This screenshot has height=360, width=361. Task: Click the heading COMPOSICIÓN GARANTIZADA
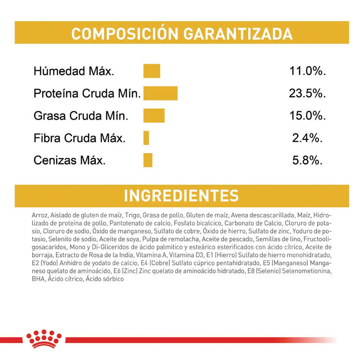coord(182,33)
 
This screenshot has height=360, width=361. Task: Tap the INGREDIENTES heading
coord(181,196)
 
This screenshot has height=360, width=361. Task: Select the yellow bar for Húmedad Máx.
coord(152,71)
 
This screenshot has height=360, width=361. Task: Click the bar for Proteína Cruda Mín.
coord(160,93)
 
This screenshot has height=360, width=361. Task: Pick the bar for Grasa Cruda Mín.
coord(154,116)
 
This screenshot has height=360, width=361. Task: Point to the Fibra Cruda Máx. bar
coord(147,138)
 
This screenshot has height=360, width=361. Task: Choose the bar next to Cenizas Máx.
coord(148,160)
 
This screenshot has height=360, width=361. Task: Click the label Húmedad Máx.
coord(74,71)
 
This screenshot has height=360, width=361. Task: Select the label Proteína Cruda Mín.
coord(87,94)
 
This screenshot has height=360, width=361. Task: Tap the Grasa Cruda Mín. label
coord(81,116)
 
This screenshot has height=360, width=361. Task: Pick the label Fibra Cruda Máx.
coord(80,138)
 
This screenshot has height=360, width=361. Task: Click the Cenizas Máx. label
coord(70,161)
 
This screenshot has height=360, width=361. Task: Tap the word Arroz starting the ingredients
coord(40,215)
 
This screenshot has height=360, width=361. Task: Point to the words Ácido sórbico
coord(104,279)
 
